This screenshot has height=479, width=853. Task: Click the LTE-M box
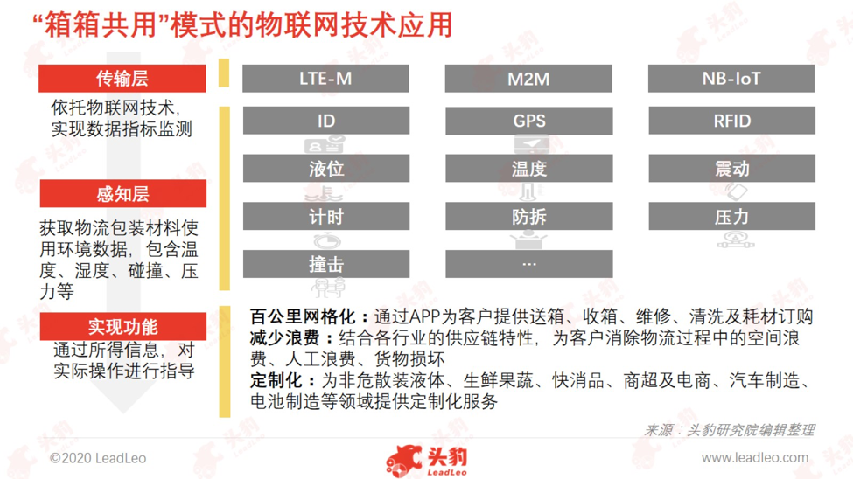tap(325, 79)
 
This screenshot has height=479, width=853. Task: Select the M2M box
tap(528, 79)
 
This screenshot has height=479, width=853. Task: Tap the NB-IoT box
tap(731, 79)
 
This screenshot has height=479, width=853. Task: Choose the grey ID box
tap(325, 120)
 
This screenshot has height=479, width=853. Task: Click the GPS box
tap(528, 120)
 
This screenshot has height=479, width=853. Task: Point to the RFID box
tap(731, 120)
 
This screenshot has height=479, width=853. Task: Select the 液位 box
tap(325, 168)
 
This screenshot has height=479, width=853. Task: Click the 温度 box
tap(528, 168)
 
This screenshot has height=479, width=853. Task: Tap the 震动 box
tap(731, 168)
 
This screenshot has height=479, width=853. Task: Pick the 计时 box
tap(325, 217)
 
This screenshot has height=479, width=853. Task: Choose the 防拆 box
tap(528, 217)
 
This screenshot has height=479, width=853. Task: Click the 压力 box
tap(731, 217)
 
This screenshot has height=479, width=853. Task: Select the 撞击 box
tap(325, 264)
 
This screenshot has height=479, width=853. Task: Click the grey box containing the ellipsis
tap(528, 264)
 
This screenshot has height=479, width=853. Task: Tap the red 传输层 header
tap(122, 79)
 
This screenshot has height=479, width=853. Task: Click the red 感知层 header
tap(123, 193)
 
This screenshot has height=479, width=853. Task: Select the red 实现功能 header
tap(123, 326)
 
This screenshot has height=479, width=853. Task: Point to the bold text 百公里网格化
tap(303, 316)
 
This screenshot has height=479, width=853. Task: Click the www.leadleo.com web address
tap(754, 458)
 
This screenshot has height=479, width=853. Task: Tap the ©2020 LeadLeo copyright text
tap(98, 458)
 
